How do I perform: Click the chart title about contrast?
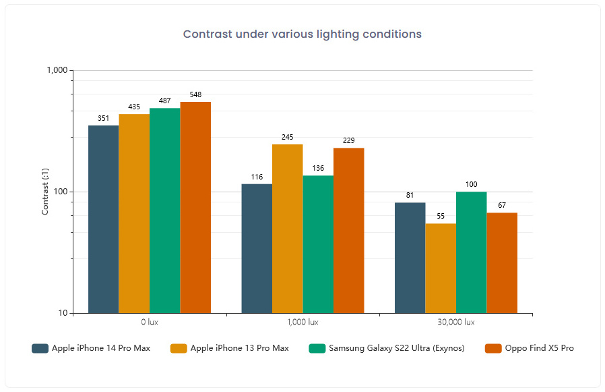tap(302, 34)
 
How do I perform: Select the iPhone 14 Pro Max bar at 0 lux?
tap(103, 219)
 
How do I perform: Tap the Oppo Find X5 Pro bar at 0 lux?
tap(195, 207)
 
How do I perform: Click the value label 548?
tap(195, 95)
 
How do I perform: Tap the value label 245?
tap(288, 138)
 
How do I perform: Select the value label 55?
tap(441, 217)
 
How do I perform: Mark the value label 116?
tap(257, 177)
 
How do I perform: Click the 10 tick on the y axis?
tap(61, 313)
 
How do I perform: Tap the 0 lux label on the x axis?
tap(150, 323)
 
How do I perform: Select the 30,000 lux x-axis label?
tap(455, 323)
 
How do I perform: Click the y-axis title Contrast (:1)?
tap(45, 192)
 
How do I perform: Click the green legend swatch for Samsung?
tap(317, 348)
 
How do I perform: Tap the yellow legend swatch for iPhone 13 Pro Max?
tap(179, 348)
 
